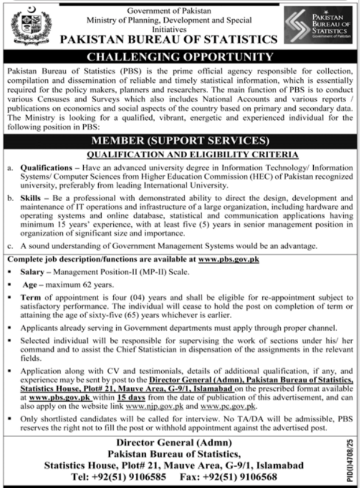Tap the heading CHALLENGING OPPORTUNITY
click(x=180, y=57)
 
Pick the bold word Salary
click(x=32, y=271)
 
